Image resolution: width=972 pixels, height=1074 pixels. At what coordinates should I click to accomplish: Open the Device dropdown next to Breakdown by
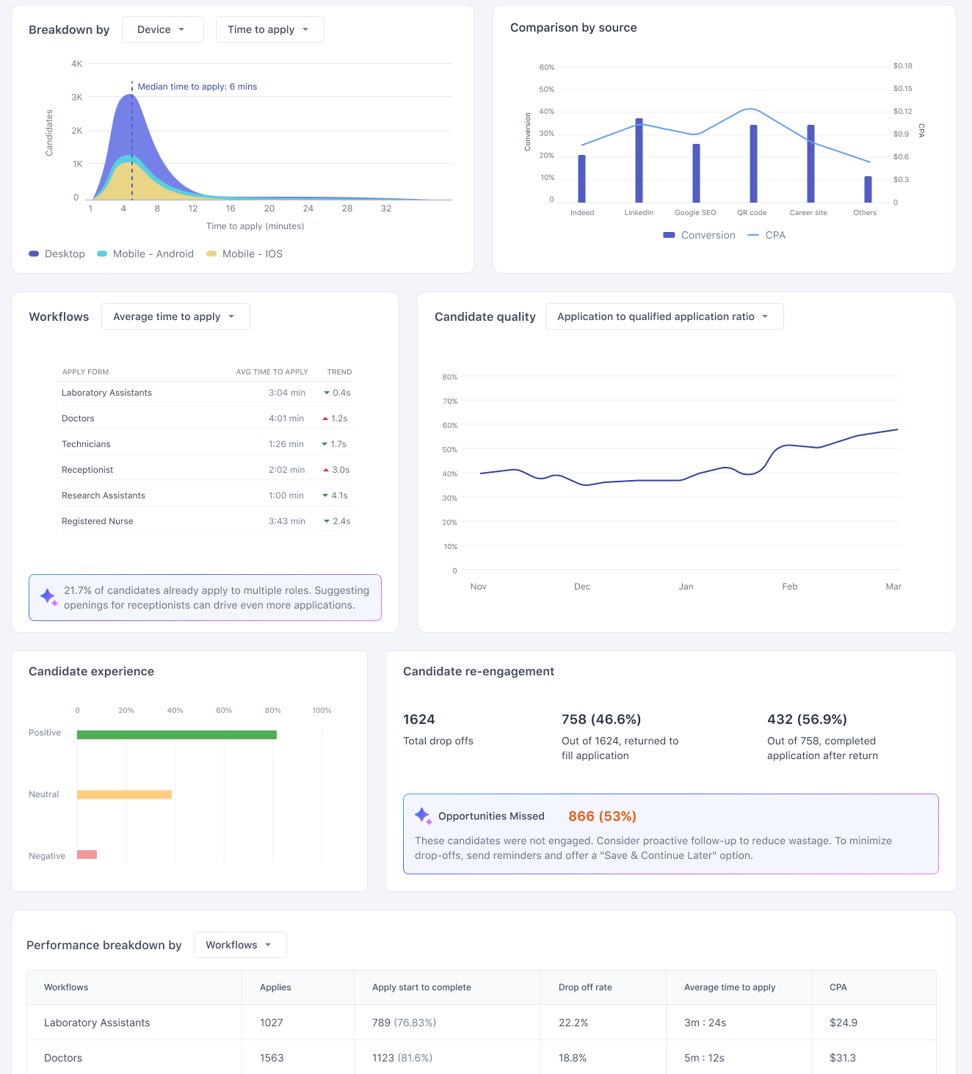coord(162,29)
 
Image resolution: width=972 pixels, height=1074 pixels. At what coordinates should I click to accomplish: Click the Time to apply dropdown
coord(269,29)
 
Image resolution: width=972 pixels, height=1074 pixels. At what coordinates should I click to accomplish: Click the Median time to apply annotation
coord(197,87)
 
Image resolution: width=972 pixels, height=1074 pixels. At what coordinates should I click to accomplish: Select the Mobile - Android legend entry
coord(145,254)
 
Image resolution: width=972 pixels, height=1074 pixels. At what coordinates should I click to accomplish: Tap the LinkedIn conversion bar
coord(639,161)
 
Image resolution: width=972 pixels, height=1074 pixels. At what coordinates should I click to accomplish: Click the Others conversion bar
coord(868,189)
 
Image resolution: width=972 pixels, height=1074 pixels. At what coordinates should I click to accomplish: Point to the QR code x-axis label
coord(751,213)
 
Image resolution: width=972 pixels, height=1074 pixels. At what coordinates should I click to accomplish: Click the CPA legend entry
coord(766,235)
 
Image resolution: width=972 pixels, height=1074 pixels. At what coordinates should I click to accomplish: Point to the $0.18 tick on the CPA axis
coord(902,66)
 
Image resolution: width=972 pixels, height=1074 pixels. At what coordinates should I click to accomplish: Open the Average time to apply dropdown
coord(175,316)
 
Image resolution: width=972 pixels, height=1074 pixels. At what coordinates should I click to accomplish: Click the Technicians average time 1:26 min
coord(286,444)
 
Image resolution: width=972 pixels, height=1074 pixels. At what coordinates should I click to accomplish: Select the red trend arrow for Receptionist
coord(326,470)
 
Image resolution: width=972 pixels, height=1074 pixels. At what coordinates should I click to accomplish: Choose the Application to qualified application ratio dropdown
coord(664,316)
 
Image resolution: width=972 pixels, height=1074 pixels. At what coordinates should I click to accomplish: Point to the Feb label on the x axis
coord(789,587)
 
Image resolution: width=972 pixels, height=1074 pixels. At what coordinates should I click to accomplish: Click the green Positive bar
coord(177,735)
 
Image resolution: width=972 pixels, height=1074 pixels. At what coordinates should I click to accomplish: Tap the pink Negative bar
coord(87,855)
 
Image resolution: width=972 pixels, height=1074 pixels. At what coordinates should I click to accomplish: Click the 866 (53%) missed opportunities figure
coord(602,816)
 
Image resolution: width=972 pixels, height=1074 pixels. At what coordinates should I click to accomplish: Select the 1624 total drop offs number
coord(418,719)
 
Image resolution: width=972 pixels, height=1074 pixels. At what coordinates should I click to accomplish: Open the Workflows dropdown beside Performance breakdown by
coord(240,945)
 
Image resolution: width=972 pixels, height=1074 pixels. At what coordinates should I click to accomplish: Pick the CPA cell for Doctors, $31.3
coord(842,1058)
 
